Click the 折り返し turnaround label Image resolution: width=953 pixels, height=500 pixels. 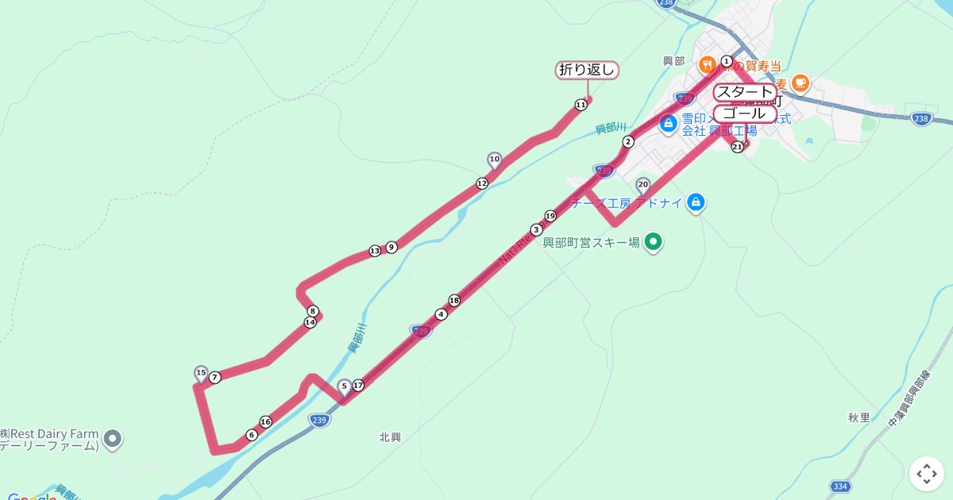pyautogui.click(x=587, y=70)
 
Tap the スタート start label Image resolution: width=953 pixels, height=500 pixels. pyautogui.click(x=744, y=92)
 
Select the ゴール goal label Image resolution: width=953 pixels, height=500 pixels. pyautogui.click(x=744, y=113)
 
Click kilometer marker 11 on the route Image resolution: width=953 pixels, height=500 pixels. pyautogui.click(x=581, y=104)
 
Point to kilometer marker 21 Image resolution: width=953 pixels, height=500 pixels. pyautogui.click(x=737, y=146)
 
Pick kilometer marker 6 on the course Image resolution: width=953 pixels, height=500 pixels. pyautogui.click(x=252, y=435)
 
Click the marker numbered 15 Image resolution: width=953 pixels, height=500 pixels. pyautogui.click(x=201, y=373)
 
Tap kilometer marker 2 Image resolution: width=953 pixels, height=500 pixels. pyautogui.click(x=628, y=142)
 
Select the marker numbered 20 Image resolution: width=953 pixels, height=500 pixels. pyautogui.click(x=643, y=184)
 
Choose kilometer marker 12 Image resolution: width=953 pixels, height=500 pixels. pyautogui.click(x=482, y=183)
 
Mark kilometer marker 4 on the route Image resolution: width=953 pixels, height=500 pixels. pyautogui.click(x=442, y=313)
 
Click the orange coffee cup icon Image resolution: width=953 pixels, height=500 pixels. pyautogui.click(x=800, y=82)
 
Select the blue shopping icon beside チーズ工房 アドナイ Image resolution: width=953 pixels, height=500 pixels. pyautogui.click(x=696, y=202)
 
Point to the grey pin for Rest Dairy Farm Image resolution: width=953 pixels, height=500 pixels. pyautogui.click(x=113, y=437)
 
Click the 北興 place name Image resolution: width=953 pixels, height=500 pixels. pyautogui.click(x=390, y=437)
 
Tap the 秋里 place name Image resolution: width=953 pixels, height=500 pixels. pyautogui.click(x=858, y=417)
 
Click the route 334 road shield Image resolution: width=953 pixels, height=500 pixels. pyautogui.click(x=841, y=486)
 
